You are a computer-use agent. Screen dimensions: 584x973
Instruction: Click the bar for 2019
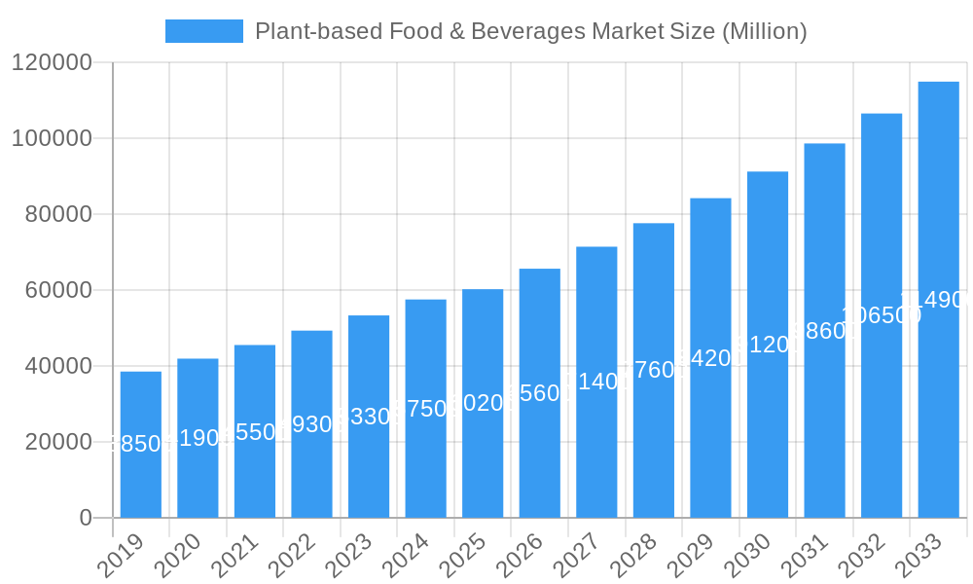coord(141,445)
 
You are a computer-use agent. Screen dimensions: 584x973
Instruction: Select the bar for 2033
coord(938,300)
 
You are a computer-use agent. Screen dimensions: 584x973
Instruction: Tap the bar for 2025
coord(483,403)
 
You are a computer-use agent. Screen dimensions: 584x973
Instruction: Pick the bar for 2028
coord(654,370)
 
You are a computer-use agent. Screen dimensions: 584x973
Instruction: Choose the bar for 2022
coord(311,424)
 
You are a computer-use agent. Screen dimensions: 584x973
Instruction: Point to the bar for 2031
coord(824,331)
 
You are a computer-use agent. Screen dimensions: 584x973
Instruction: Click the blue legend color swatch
coord(204,31)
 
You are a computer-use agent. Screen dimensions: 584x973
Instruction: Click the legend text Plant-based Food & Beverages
coord(530,31)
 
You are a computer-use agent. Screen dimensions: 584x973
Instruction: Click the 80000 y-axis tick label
coord(57,214)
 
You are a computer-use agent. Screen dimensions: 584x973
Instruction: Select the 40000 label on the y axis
coord(57,366)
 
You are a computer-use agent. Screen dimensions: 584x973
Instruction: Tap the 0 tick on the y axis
coord(86,518)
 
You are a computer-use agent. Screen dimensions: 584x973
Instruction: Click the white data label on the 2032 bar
coord(882,315)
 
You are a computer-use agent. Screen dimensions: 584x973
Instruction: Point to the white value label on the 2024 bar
coord(426,409)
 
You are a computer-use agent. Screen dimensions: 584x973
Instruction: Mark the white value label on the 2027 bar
coord(596,382)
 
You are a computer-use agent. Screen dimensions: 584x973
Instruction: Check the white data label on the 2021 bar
coord(255,432)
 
